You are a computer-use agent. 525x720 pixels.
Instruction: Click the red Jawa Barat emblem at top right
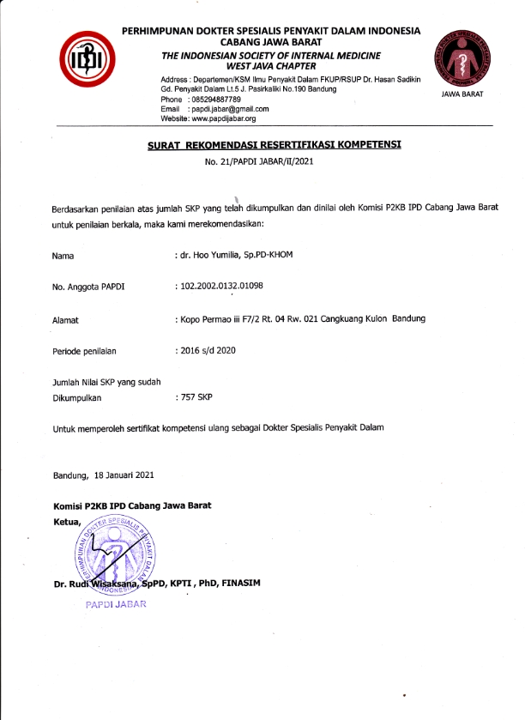point(462,55)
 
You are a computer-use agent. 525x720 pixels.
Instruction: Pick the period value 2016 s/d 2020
point(207,350)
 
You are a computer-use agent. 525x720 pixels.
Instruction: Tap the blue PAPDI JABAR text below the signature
point(116,604)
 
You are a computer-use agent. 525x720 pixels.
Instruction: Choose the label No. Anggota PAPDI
point(88,287)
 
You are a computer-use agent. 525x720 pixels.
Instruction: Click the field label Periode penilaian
point(84,351)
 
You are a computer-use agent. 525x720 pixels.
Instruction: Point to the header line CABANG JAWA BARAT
point(271,41)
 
